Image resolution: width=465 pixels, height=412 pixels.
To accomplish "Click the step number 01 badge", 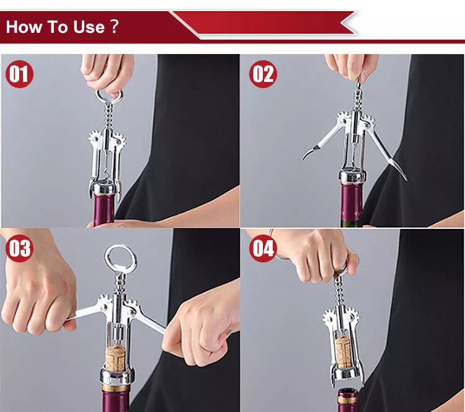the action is (x=19, y=74).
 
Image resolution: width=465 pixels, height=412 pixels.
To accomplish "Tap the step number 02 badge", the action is (x=263, y=74).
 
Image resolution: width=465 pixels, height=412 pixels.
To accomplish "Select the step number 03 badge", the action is (x=19, y=248).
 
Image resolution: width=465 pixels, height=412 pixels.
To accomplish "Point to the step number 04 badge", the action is (x=263, y=248).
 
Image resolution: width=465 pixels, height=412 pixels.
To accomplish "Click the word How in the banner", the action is (x=24, y=27).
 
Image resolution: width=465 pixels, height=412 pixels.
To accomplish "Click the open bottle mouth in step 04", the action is (x=348, y=392).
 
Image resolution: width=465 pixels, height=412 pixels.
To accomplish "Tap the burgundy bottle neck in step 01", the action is (x=104, y=208).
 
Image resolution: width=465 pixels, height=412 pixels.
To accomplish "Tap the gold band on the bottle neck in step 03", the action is (x=116, y=387).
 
